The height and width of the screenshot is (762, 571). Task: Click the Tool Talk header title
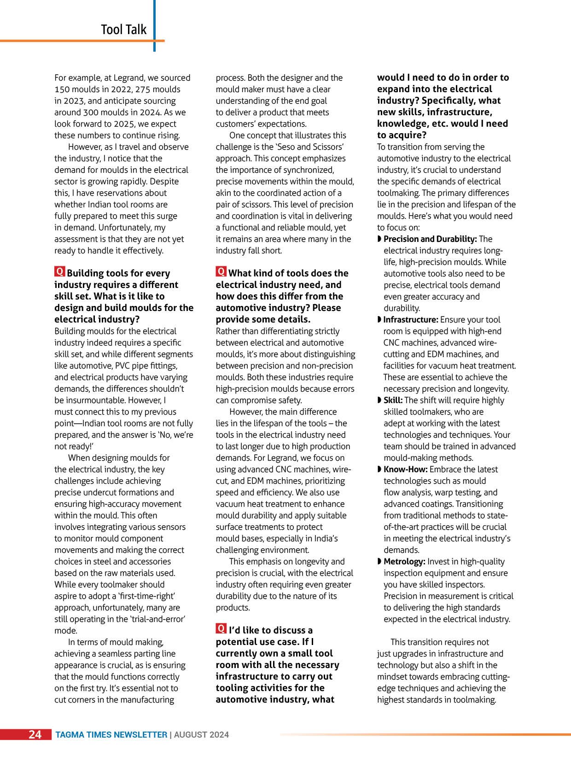click(x=123, y=29)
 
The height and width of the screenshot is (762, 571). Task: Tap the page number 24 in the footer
click(x=35, y=734)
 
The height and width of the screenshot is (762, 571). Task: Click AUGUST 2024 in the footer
click(x=201, y=735)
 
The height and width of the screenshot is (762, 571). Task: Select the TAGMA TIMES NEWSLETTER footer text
click(x=111, y=735)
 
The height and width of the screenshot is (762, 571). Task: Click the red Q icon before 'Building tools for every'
click(x=59, y=272)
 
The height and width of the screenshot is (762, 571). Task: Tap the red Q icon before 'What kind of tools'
click(x=221, y=272)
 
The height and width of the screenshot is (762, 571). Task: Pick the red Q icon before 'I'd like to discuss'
click(x=221, y=629)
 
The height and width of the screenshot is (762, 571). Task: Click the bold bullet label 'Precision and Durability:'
click(x=430, y=239)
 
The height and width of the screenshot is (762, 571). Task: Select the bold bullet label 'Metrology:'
click(x=404, y=562)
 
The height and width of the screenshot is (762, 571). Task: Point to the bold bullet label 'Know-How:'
click(x=405, y=469)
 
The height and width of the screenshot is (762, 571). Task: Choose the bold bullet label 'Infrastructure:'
click(x=410, y=320)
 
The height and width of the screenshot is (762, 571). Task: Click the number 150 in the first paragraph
click(x=62, y=89)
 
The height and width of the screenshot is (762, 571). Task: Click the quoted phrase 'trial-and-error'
click(x=158, y=619)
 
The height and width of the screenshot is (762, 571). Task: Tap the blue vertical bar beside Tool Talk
click(x=154, y=25)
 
